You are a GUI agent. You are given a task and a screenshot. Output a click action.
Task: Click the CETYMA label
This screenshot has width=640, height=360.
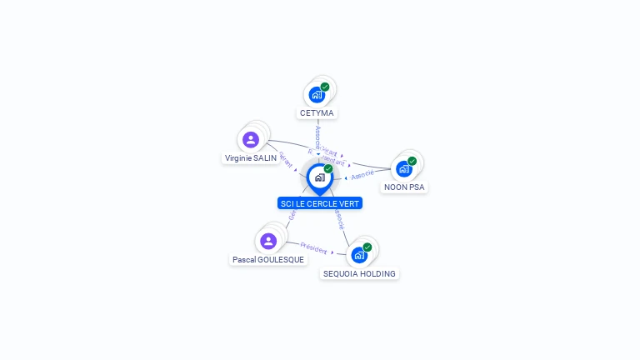coord(317,112)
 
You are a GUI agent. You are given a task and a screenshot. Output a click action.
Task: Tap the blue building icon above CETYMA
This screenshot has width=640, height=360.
coord(316,94)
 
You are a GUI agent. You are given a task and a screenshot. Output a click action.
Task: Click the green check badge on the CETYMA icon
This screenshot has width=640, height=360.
coord(325,87)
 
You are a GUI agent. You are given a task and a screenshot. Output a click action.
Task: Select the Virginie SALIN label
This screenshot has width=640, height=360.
coord(250,157)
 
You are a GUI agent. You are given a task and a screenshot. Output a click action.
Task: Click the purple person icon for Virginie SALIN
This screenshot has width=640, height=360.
coord(251,139)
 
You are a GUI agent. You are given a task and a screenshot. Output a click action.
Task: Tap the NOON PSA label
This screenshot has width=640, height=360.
coord(404,187)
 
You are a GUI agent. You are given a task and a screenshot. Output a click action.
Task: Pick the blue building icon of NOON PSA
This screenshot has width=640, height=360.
coord(403,168)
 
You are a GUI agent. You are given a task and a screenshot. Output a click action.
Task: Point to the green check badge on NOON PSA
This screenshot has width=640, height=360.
coord(412,161)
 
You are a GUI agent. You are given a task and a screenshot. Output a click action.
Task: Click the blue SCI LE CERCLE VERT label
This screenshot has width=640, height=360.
coord(320,203)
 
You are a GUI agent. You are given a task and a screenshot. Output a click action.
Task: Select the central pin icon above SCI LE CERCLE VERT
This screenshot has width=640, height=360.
coord(319,177)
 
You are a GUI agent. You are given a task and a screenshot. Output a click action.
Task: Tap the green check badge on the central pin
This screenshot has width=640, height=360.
coord(328,169)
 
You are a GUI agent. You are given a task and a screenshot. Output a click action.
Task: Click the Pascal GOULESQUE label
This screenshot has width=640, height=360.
coord(268,260)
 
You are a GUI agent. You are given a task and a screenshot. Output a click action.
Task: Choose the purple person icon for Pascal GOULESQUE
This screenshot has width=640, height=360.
coord(268,241)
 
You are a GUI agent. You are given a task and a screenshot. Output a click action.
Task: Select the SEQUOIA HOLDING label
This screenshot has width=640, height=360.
coord(359,273)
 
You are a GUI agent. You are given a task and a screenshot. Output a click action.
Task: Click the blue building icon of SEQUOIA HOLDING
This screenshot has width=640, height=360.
coord(358,254)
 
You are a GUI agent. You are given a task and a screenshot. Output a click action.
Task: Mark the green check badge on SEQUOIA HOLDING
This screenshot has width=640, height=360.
coord(367,247)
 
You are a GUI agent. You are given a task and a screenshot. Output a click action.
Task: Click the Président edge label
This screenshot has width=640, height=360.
coord(313,247)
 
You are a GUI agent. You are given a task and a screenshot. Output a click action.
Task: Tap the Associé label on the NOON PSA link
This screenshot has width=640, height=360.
coord(362,175)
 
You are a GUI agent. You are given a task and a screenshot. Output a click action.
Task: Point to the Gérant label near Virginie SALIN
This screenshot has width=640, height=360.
coord(285,157)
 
